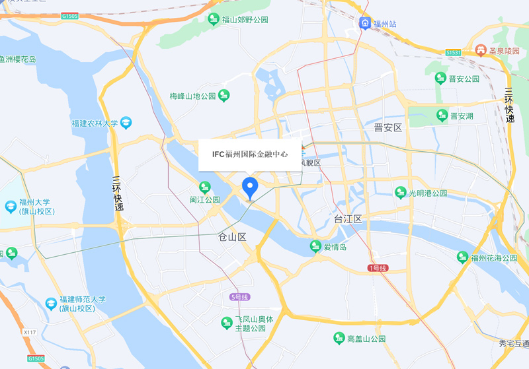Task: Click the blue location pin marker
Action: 250,187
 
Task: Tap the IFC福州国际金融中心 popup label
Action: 250,154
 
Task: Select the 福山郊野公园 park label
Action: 245,20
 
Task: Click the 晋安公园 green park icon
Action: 440,79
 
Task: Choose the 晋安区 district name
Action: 387,127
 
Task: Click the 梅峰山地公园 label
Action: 192,96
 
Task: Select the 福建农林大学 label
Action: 95,123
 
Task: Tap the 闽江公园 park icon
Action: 205,187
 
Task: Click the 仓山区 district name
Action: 232,236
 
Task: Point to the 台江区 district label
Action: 348,218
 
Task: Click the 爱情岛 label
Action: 335,247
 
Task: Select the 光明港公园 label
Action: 428,193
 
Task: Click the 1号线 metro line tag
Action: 379,267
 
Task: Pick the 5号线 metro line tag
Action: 240,297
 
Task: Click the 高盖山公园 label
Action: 366,339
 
